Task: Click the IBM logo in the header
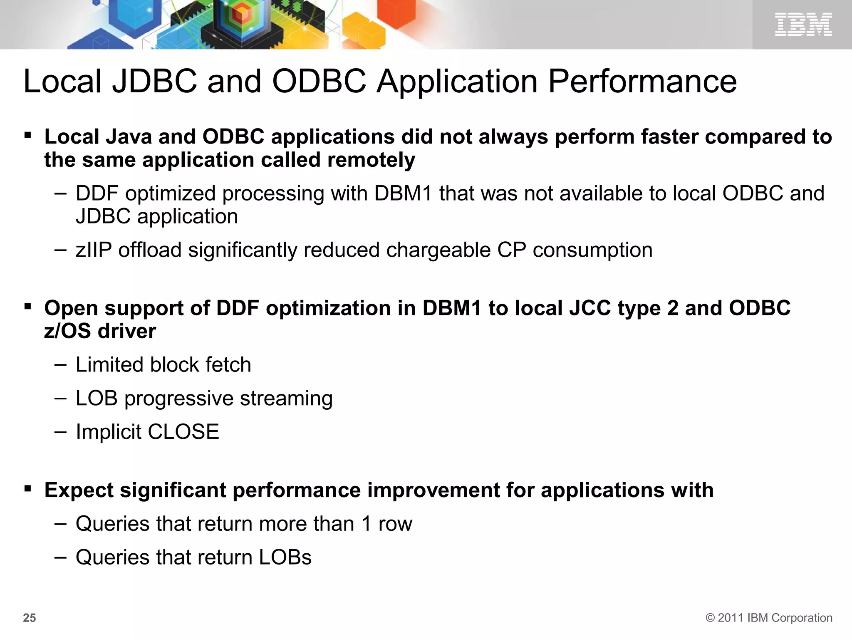click(803, 24)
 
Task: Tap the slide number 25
click(30, 618)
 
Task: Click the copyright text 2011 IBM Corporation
click(769, 618)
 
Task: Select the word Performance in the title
click(642, 82)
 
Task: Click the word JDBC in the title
click(154, 82)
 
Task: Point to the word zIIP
click(94, 250)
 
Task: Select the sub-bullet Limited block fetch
click(163, 365)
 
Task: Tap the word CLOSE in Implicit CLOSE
click(183, 432)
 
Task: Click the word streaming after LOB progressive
click(286, 399)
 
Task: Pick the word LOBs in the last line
click(285, 557)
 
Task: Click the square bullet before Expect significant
click(28, 488)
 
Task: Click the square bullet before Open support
click(28, 307)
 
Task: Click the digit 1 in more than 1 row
click(366, 524)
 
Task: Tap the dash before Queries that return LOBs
click(60, 557)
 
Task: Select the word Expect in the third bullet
click(79, 490)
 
